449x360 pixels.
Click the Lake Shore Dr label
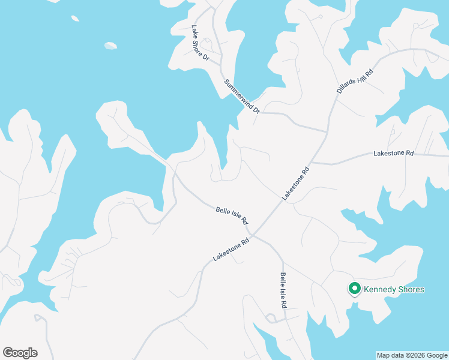[200, 43]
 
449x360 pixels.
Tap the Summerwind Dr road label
[242, 97]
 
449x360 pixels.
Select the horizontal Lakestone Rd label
[394, 154]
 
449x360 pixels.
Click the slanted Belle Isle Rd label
[232, 215]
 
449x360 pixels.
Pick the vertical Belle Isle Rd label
[283, 290]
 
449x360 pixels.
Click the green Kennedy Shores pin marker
[354, 289]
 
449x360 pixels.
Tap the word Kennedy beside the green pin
[377, 290]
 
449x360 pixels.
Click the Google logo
[20, 353]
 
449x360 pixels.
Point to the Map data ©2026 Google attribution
[412, 355]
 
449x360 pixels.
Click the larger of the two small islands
[110, 46]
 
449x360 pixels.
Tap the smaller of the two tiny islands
[75, 19]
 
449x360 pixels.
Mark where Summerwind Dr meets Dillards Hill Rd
[327, 131]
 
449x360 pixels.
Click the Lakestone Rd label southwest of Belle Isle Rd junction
[231, 250]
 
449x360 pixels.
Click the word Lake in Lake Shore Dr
[194, 31]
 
